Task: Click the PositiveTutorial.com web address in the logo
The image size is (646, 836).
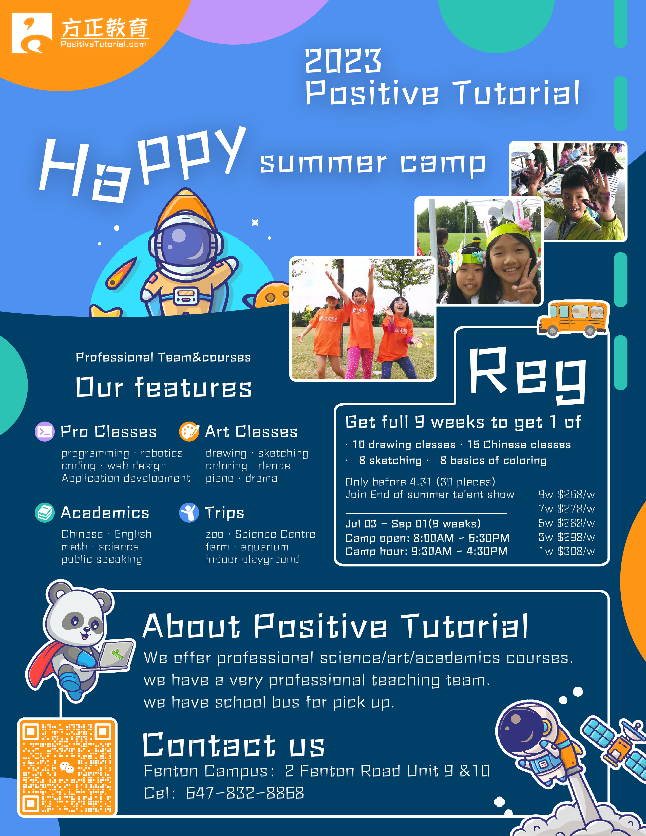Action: (103, 44)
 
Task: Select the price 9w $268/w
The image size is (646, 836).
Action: (567, 495)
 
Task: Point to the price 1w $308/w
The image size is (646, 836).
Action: (567, 551)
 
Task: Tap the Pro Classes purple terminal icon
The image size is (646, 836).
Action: (45, 431)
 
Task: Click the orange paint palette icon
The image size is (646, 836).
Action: (189, 431)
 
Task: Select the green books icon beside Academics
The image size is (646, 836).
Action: (45, 512)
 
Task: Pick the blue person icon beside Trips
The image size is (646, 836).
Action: (189, 512)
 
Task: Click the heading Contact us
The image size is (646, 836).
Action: (234, 745)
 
